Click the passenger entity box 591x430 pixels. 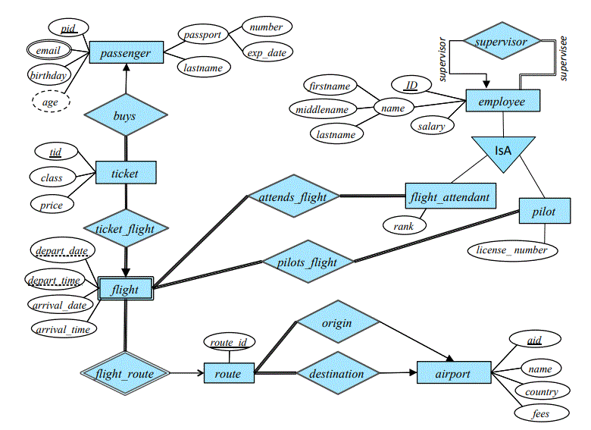click(126, 52)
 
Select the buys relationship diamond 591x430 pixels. click(125, 116)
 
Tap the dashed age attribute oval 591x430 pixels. click(50, 102)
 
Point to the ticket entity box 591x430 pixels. click(125, 173)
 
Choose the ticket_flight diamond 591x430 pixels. click(125, 228)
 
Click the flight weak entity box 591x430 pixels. click(125, 288)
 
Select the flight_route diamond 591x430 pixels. click(125, 373)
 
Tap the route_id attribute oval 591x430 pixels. click(228, 343)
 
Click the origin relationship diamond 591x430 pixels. click(336, 323)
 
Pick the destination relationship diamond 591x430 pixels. click(336, 373)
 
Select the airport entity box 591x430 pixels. click(453, 373)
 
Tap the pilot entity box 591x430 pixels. click(543, 212)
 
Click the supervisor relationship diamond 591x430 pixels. click(501, 42)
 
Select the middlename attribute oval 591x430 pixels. click(322, 109)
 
